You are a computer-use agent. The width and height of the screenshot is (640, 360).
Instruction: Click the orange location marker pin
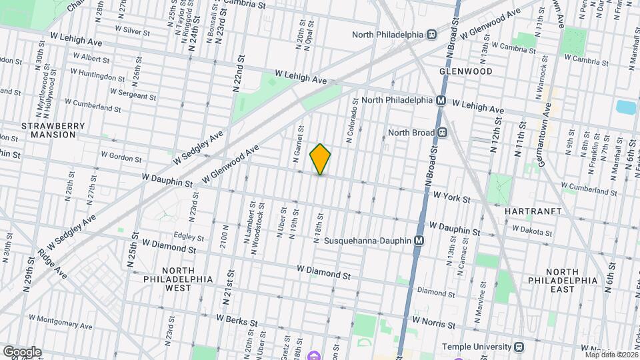(320, 159)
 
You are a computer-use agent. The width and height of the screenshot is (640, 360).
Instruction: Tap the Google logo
(22, 351)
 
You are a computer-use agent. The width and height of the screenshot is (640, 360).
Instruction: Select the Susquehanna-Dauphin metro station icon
(419, 241)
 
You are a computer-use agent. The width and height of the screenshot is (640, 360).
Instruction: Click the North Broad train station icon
(443, 132)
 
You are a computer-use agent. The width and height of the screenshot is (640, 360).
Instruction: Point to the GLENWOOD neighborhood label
(465, 71)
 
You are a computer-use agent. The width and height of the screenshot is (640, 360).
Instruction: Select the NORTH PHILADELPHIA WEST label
(177, 279)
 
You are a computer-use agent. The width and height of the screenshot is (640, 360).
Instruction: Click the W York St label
(451, 198)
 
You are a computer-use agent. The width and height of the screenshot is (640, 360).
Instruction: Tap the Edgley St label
(188, 235)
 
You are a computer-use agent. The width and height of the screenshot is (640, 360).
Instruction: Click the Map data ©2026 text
(609, 354)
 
